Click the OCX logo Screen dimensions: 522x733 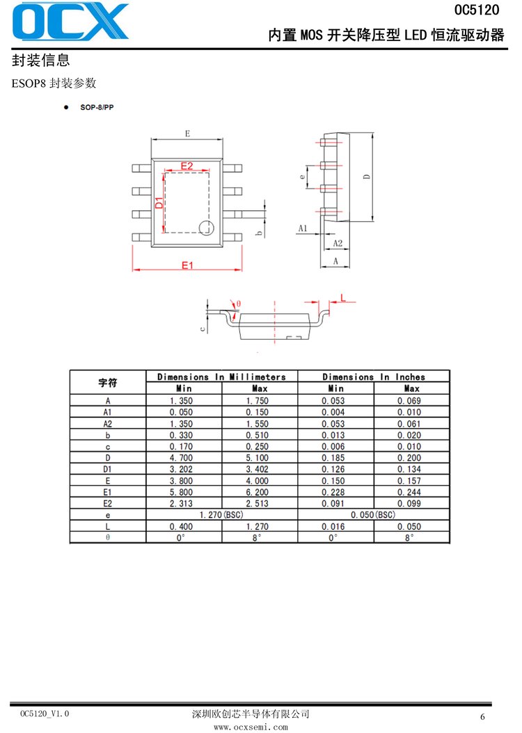(70, 21)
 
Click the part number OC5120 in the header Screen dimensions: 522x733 (477, 9)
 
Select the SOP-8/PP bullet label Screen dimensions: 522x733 (97, 107)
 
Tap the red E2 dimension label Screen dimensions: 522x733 (187, 166)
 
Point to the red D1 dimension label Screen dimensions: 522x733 (159, 203)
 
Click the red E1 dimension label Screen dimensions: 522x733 (187, 265)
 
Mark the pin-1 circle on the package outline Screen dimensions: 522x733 (206, 228)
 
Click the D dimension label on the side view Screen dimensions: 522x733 (366, 177)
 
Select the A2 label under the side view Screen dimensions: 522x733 (338, 243)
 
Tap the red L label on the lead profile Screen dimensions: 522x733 (343, 297)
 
